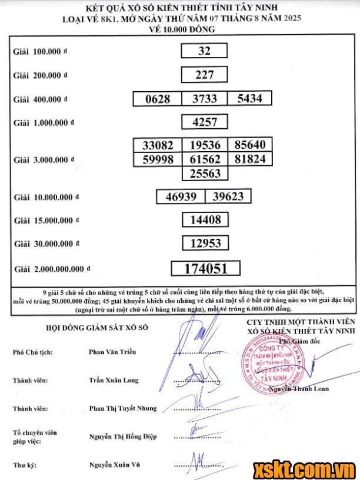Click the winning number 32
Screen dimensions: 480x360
click(x=204, y=51)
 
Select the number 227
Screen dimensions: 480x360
click(x=204, y=75)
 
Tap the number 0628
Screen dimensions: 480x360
click(x=158, y=99)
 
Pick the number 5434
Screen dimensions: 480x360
click(x=249, y=99)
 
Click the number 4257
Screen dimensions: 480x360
click(x=205, y=122)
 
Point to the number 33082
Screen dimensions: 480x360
click(x=158, y=145)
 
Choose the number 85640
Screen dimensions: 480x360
click(x=249, y=145)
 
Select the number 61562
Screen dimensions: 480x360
click(x=205, y=159)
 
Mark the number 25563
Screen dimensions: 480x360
click(x=205, y=173)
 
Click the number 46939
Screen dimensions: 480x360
click(x=181, y=196)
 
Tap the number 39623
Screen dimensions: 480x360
click(x=228, y=196)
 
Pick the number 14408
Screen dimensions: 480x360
click(x=205, y=220)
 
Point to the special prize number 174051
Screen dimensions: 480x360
click(x=205, y=269)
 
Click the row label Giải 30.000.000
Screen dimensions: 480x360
click(x=46, y=244)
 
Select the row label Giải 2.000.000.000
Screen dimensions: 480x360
click(x=52, y=269)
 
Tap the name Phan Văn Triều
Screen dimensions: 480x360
click(x=112, y=352)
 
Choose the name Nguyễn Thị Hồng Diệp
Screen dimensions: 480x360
click(x=123, y=436)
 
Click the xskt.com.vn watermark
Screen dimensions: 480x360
click(x=304, y=469)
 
